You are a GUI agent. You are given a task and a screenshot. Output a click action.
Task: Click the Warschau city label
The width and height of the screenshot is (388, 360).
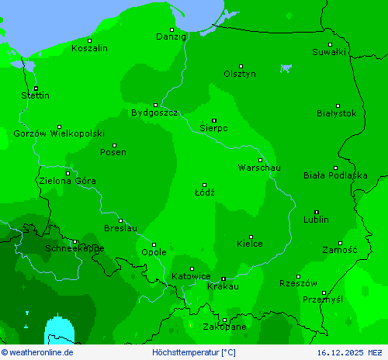[x=259, y=168]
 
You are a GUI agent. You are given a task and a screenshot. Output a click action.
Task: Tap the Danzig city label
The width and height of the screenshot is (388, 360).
[x=171, y=36]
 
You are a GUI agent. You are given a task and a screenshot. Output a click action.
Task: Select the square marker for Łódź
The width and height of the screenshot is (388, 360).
[x=204, y=185]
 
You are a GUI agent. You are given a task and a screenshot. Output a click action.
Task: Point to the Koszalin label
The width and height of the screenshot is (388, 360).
[x=89, y=48]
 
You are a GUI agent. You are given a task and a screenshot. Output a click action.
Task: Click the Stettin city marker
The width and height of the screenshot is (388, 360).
[x=36, y=88]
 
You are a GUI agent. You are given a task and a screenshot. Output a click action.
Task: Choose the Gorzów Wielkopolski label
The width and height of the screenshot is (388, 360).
[x=59, y=133]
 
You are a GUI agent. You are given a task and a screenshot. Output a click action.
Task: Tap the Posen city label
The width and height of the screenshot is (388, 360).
[x=113, y=152]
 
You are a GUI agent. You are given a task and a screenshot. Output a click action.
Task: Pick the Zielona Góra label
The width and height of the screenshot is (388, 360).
[x=68, y=181]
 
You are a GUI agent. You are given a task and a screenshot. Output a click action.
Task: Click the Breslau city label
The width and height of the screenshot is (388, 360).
[x=120, y=228]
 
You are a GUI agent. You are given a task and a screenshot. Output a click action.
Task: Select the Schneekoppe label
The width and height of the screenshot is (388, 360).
[x=74, y=248]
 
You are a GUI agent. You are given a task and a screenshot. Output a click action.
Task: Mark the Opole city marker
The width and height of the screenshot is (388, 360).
[x=154, y=245]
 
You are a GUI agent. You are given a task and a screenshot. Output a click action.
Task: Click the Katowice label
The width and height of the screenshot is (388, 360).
[x=191, y=276]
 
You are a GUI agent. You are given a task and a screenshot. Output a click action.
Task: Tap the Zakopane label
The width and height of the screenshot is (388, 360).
[x=225, y=327]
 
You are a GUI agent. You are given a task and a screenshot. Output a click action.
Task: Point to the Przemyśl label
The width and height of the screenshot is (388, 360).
[x=322, y=299]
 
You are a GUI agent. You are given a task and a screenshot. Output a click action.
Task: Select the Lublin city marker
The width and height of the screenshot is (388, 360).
[x=316, y=212]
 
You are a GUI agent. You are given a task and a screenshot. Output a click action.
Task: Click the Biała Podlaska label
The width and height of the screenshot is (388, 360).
[x=335, y=175]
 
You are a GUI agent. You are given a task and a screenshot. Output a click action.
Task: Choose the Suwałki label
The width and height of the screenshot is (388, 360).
[x=329, y=52]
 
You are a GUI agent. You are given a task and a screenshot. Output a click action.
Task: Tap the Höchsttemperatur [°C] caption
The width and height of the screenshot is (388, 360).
[x=194, y=352]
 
